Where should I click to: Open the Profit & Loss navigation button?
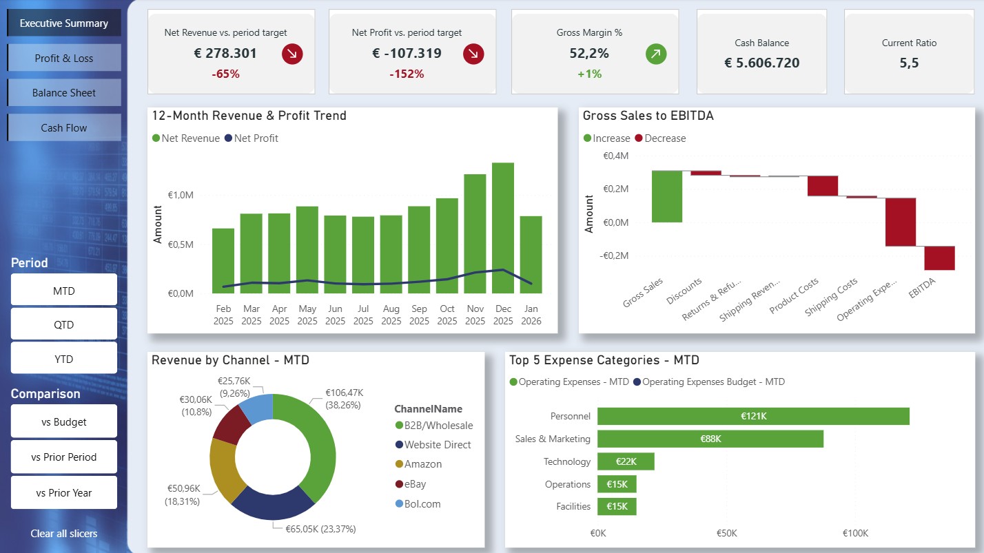64,58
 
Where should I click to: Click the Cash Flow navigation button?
64,127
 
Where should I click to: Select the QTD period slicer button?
64,324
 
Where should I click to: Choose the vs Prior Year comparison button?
64,492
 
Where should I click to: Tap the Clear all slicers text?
64,533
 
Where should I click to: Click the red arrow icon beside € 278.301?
292,54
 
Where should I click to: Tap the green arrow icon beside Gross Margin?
656,54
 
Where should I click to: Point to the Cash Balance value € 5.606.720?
761,63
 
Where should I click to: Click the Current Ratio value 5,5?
909,63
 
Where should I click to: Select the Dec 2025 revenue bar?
503,228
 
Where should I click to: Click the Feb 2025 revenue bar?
223,261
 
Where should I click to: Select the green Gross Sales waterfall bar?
666,196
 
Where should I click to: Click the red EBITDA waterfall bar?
939,258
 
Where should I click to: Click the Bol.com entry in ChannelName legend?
422,503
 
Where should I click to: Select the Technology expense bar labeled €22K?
626,461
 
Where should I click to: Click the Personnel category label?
570,416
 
